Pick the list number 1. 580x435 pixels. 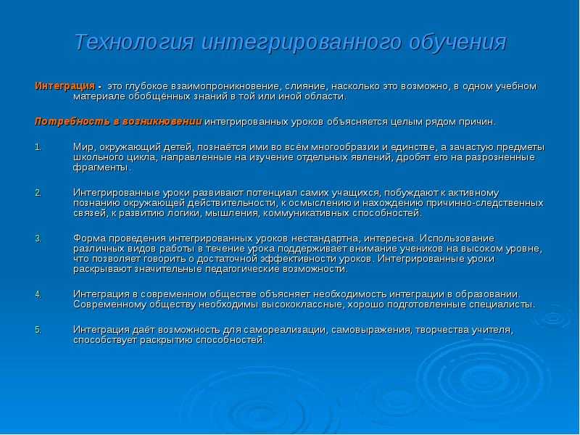click(38, 147)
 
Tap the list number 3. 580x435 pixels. click(38, 238)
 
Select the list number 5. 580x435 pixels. click(38, 330)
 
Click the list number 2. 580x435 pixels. click(38, 193)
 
